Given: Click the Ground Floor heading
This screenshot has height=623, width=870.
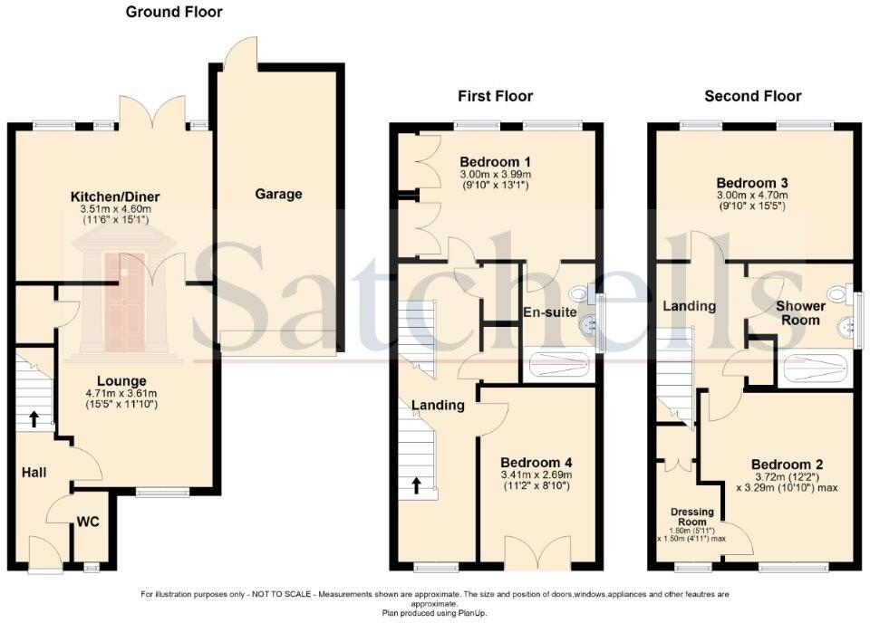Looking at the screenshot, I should (x=173, y=13).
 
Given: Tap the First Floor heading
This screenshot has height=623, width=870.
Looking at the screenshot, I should (x=495, y=96).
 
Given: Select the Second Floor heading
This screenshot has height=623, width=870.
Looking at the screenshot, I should (x=752, y=96).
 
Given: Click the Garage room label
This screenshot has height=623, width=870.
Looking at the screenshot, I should (x=278, y=194).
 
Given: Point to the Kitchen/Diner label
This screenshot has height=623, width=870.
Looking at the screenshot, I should (x=115, y=197).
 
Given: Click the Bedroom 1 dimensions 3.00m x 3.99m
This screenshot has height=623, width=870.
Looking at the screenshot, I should (x=495, y=174).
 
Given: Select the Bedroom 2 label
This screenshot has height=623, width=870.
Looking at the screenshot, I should (x=786, y=465).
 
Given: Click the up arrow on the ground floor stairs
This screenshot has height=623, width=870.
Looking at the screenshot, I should (x=34, y=419).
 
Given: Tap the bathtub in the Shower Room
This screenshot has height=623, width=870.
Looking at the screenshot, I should (x=814, y=368).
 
